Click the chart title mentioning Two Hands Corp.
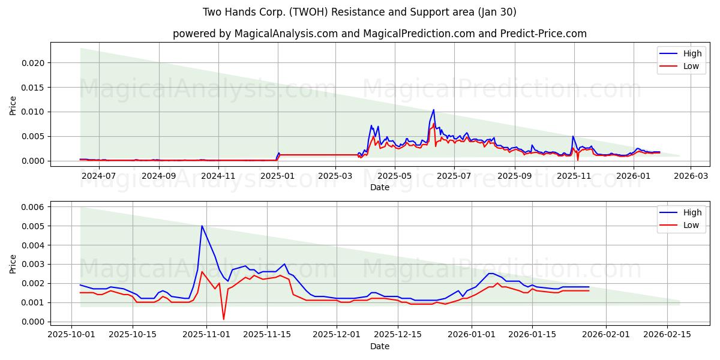point(359,12)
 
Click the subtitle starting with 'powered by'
point(380,34)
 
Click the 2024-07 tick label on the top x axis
point(98,176)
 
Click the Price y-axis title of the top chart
point(13,106)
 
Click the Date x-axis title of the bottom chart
point(380,346)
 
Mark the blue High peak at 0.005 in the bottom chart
point(202,226)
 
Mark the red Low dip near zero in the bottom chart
point(224,319)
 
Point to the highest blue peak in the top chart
point(433,110)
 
